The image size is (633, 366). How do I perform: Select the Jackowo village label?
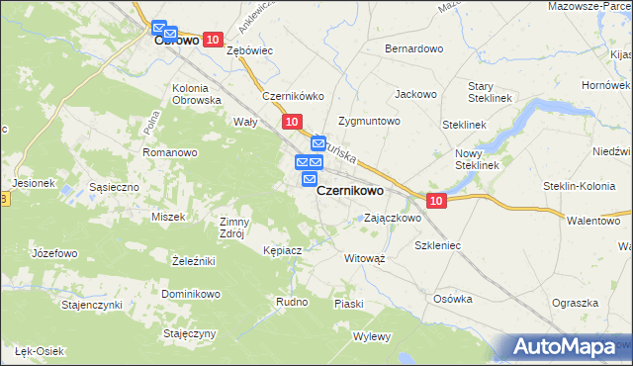click(x=415, y=94)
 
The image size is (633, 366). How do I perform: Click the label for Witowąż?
click(x=364, y=257)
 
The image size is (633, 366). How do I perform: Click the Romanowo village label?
click(x=171, y=152)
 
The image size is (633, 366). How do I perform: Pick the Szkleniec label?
click(x=438, y=243)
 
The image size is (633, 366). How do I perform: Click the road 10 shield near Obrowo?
click(x=213, y=39)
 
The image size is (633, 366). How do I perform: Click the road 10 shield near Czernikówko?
click(x=290, y=121)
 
